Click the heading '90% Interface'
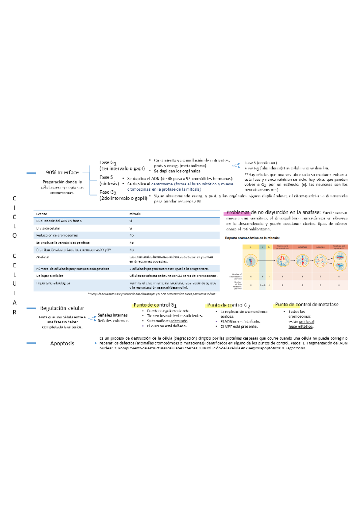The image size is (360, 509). tap(62, 172)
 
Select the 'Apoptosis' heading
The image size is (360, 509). tap(62, 343)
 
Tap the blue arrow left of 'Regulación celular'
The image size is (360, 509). tap(31, 308)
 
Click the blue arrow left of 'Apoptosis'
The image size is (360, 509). tap(31, 343)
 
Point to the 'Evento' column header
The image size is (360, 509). tap(41, 214)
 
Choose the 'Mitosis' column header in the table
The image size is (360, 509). tap(135, 214)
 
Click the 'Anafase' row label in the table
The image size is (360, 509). tap(42, 257)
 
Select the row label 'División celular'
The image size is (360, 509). tap(48, 228)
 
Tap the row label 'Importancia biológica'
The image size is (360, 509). tap(53, 283)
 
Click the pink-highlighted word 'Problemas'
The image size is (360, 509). tap(238, 213)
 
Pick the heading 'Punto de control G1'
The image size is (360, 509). tap(155, 305)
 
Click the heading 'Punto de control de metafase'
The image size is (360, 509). tap(307, 305)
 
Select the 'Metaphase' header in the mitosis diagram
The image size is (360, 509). tap(302, 247)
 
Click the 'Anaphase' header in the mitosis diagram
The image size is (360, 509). tap(320, 247)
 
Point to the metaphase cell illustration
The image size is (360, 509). tap(302, 260)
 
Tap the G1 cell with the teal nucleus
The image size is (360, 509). tap(250, 261)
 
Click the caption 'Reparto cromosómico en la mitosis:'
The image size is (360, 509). tap(252, 238)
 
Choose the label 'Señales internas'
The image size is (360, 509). tap(112, 315)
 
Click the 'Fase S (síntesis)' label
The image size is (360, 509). tap(109, 180)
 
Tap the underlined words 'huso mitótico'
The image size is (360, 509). tap(301, 327)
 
